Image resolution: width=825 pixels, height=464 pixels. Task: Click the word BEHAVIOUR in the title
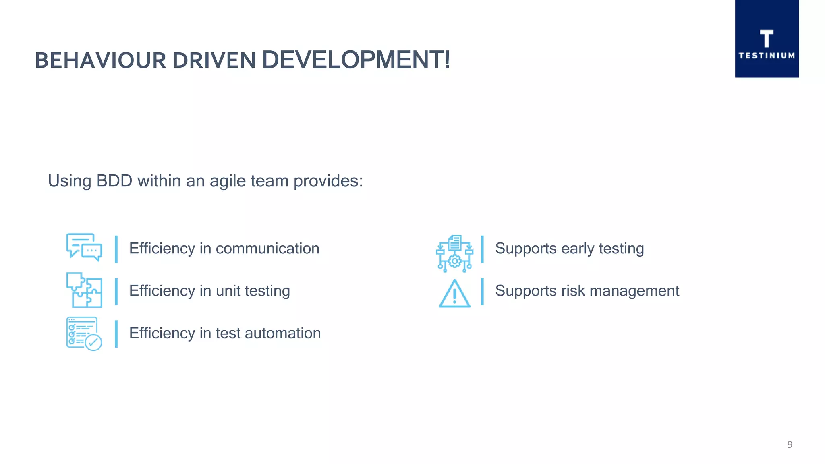tap(100, 61)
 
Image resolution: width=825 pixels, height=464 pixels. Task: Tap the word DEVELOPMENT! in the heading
tap(356, 60)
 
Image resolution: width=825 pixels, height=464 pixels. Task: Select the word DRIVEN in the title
tap(214, 61)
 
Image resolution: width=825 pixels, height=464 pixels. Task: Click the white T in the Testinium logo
tap(766, 39)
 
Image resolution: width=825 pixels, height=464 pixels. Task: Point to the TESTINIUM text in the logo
tap(767, 56)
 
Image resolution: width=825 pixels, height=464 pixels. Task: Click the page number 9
tap(790, 445)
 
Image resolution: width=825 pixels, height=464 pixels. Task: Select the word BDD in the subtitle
tap(114, 181)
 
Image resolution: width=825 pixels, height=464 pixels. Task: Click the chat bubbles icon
tap(84, 247)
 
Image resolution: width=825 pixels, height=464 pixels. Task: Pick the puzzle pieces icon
tap(84, 290)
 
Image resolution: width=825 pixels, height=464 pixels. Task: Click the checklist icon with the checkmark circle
tap(84, 333)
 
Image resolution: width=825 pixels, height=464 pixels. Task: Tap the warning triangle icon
tap(454, 294)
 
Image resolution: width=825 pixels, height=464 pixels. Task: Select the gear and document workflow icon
tap(454, 253)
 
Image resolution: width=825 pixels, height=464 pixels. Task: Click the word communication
tap(267, 249)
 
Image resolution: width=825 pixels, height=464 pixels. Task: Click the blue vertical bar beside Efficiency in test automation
tap(116, 334)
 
